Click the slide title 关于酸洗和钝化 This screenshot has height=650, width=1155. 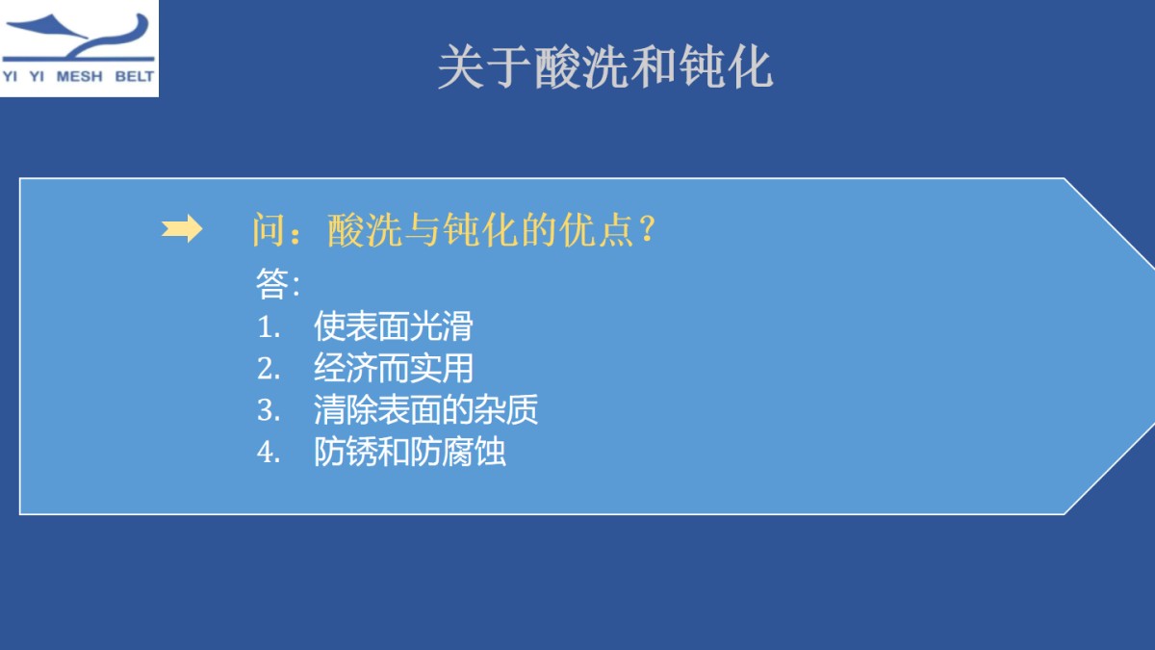tap(604, 67)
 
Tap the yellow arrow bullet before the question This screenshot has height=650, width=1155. tap(181, 229)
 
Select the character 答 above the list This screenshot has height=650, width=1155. tap(271, 284)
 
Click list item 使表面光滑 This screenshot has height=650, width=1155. tap(393, 326)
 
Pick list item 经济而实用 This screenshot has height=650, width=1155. tap(393, 369)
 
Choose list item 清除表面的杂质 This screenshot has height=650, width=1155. tap(424, 410)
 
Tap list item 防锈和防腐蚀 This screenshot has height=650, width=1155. tap(409, 453)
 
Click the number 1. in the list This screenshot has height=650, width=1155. tap(269, 327)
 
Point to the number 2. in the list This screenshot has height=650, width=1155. tap(269, 369)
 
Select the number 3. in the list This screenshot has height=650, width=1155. tap(269, 411)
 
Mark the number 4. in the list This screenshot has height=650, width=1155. tap(269, 453)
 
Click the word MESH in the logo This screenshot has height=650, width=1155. tap(79, 77)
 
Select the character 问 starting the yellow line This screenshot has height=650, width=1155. tap(268, 231)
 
